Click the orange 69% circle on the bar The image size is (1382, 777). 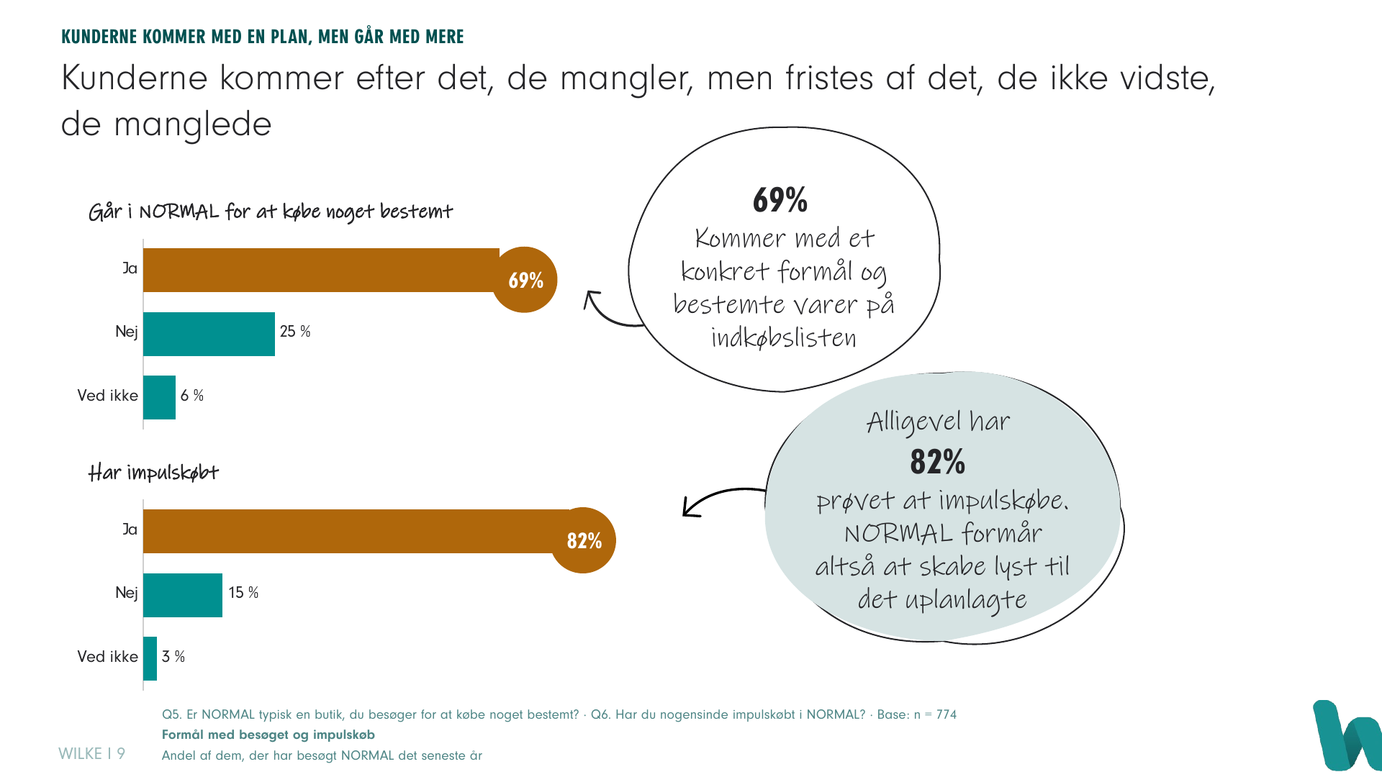pos(525,280)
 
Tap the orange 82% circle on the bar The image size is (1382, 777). pos(583,540)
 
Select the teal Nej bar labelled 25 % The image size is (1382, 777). pos(209,334)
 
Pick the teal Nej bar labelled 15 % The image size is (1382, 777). pos(183,595)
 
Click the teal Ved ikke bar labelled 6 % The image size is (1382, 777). pos(159,397)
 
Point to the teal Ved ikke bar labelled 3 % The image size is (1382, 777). pos(150,658)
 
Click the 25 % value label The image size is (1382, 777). pos(295,332)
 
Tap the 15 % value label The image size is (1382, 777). pos(243,593)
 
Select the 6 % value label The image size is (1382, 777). pos(192,396)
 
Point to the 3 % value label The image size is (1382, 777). pos(173,657)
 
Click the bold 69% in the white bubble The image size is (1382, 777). pos(780,200)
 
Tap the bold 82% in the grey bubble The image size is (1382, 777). pos(937,462)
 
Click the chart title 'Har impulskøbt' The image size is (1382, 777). pos(153,473)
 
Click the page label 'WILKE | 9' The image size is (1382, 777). pos(91,753)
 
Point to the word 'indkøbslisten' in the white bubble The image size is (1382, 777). pos(784,337)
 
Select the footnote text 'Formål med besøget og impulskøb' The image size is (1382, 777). pos(268,735)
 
